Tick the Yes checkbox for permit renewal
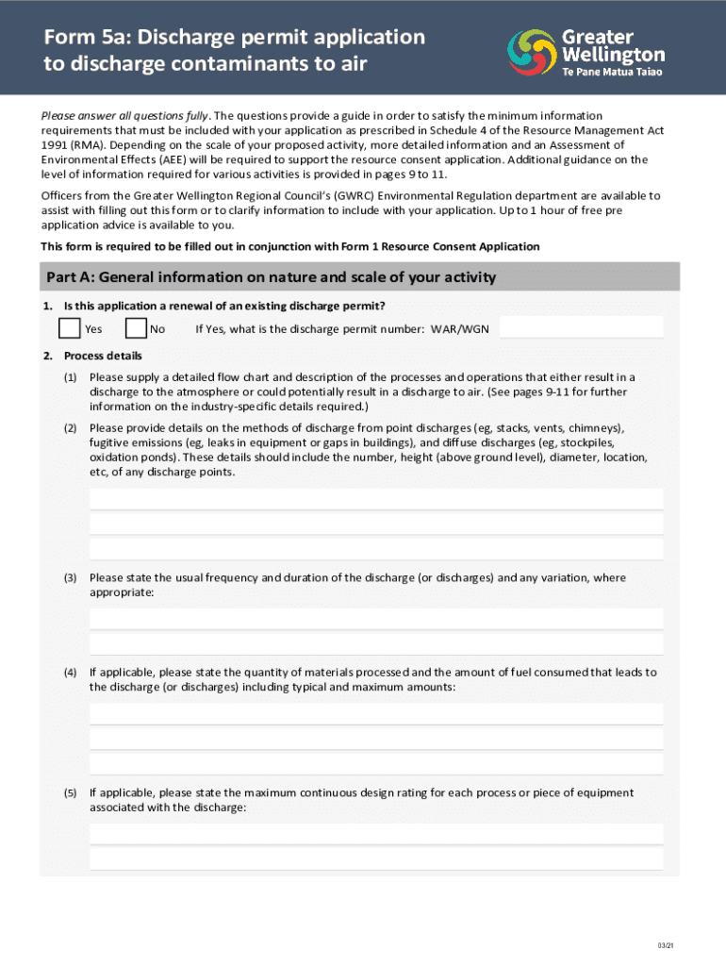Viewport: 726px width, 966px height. [69, 328]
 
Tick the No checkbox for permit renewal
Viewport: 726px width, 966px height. [136, 328]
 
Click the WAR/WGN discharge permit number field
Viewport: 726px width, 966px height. [581, 327]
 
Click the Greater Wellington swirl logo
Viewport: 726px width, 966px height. [533, 51]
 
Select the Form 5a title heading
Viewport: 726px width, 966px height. [235, 51]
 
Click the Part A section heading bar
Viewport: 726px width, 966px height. [359, 277]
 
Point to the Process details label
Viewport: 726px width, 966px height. [103, 356]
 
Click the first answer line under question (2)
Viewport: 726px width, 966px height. [376, 499]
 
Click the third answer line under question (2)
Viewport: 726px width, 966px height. [376, 549]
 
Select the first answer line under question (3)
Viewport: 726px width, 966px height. [376, 619]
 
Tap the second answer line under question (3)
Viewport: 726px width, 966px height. [376, 643]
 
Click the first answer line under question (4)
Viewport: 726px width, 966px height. [376, 714]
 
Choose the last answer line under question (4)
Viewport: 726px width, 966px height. [376, 763]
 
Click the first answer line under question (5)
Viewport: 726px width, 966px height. [376, 834]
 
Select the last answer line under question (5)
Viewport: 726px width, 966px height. [376, 858]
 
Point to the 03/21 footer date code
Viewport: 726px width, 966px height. [667, 946]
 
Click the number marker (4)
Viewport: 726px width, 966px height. [70, 673]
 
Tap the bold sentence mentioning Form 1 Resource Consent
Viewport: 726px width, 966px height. [290, 246]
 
